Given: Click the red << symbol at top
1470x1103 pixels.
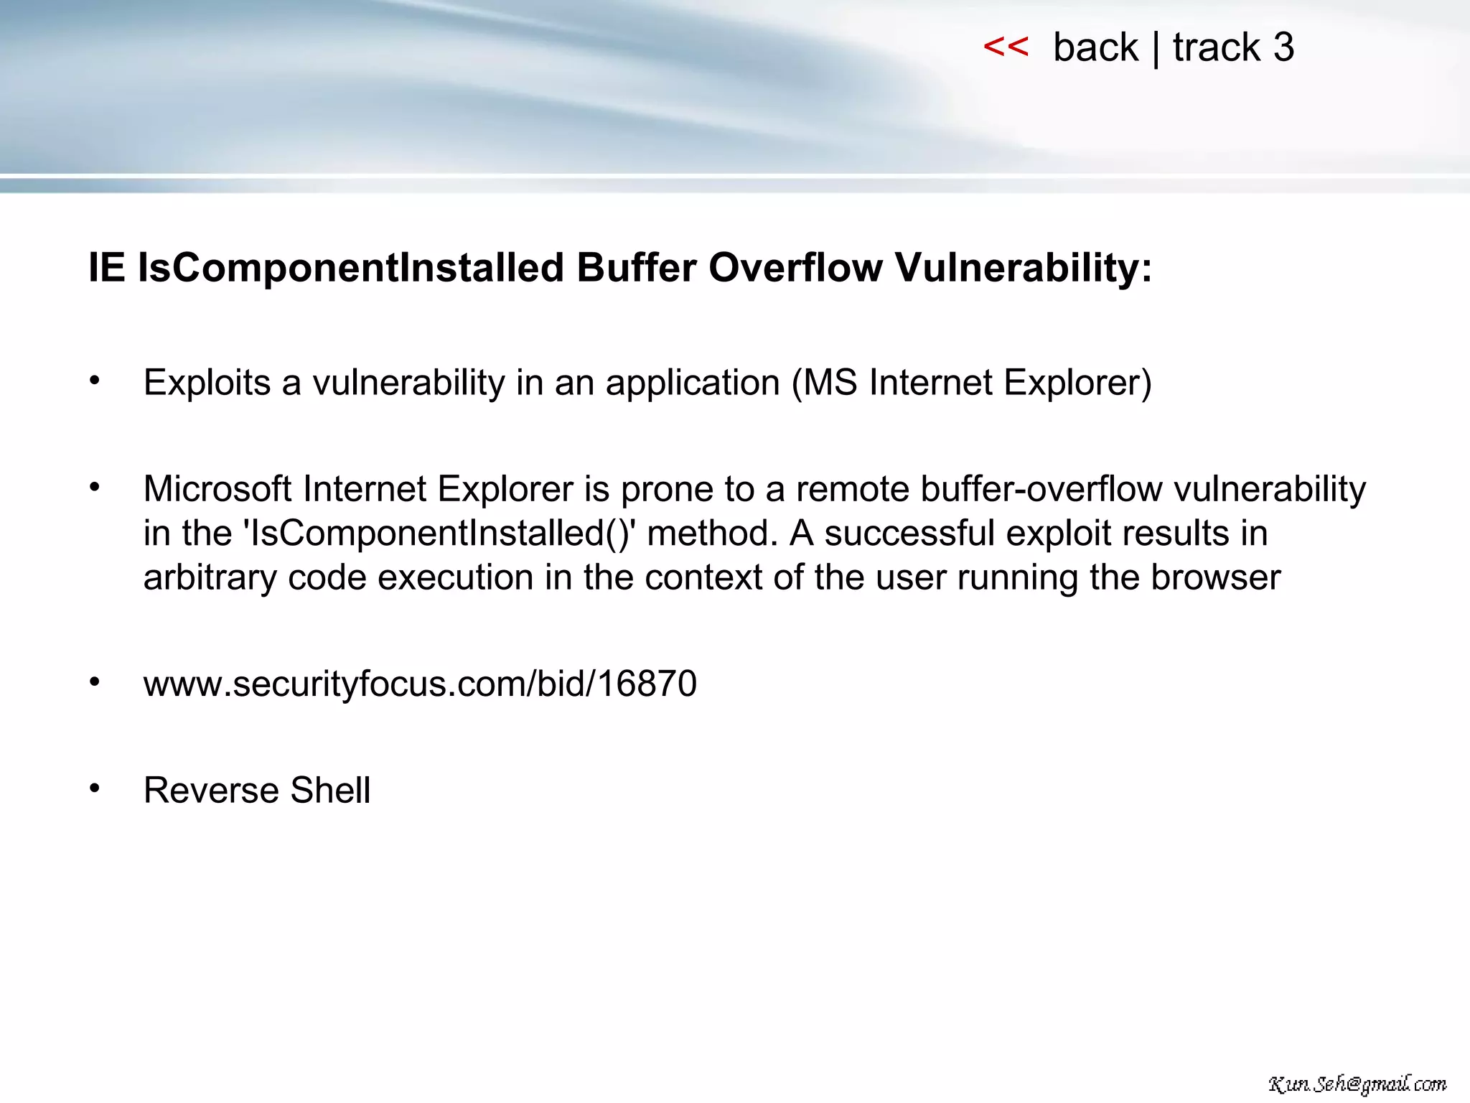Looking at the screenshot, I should point(1006,47).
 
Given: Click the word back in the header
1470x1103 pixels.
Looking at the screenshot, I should point(1095,48).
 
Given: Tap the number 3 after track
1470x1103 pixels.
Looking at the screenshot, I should point(1283,48).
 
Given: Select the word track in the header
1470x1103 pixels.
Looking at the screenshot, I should point(1217,48).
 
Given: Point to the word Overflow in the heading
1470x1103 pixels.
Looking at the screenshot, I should point(795,268).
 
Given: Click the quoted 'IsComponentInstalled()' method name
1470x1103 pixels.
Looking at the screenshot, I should point(439,534).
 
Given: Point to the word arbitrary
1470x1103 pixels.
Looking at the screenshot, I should point(210,578).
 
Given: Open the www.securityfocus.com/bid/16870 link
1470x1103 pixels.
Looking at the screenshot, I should point(420,684).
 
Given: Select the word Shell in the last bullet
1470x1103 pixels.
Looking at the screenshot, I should point(331,791).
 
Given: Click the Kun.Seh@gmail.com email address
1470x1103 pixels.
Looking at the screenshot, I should point(1357,1084).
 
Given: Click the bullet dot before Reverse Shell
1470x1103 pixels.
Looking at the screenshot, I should point(95,788).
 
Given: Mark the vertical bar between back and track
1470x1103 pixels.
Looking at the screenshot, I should point(1156,49).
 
